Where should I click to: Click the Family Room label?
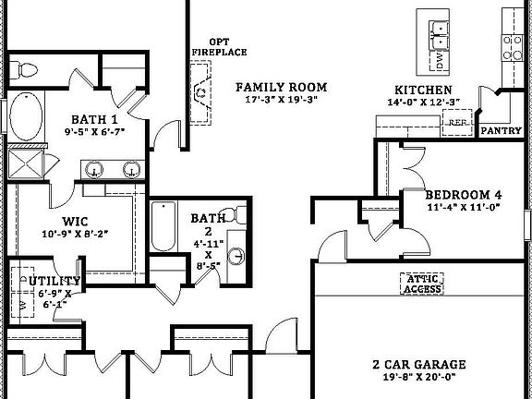(282, 88)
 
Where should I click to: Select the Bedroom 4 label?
(464, 195)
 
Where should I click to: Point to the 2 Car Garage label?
(418, 364)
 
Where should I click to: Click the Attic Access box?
(422, 284)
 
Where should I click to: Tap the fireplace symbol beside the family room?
(200, 92)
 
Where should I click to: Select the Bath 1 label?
(95, 120)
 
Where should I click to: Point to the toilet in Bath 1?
(25, 67)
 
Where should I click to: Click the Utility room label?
(54, 281)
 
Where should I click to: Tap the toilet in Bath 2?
(238, 214)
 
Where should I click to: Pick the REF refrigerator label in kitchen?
(456, 121)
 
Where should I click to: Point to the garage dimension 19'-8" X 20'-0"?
(419, 377)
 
